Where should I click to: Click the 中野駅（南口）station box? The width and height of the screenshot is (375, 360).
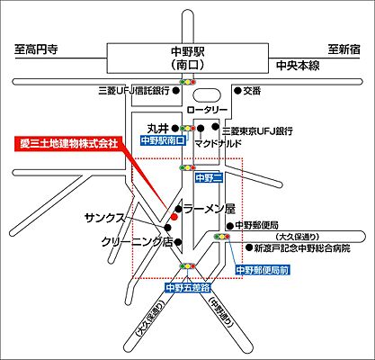(x=188, y=58)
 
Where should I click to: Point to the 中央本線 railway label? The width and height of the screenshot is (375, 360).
(x=300, y=66)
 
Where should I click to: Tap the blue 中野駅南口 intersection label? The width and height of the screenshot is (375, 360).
(x=163, y=141)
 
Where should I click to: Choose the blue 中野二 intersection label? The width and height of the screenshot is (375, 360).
(x=208, y=178)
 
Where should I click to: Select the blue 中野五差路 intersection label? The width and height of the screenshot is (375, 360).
(x=188, y=287)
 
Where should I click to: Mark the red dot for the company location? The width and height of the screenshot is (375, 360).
(x=174, y=217)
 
